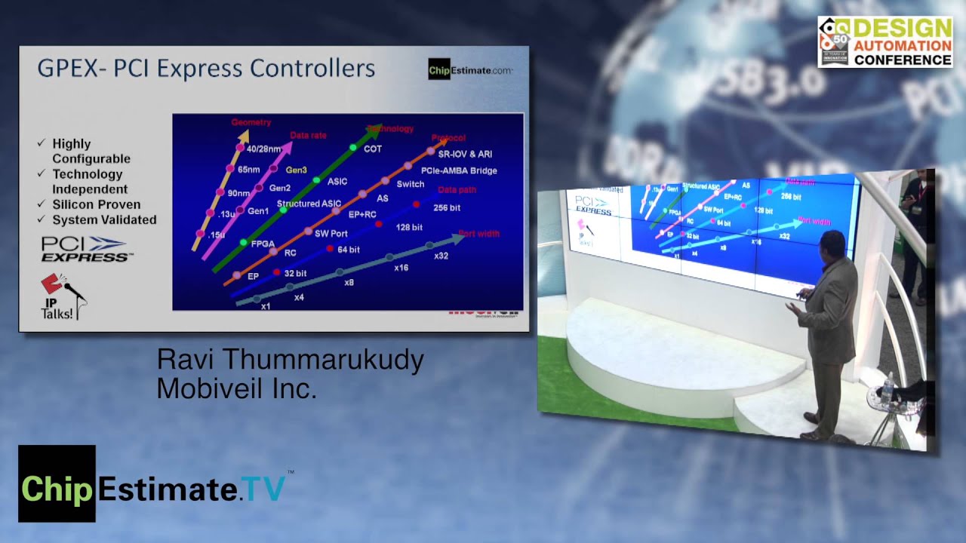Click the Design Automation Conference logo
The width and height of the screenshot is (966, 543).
[x=884, y=41]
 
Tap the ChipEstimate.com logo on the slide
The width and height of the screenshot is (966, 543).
[x=470, y=70]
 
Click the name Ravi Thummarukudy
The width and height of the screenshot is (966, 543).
[x=290, y=360]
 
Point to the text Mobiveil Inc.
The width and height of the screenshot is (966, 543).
[x=235, y=388]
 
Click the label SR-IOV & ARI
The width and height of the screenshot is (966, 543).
[x=465, y=155]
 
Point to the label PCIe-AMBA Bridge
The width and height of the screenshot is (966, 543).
[x=459, y=170]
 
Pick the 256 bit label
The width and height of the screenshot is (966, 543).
[x=448, y=207]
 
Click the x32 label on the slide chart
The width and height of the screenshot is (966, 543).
[x=441, y=255]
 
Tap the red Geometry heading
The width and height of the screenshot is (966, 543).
[x=251, y=122]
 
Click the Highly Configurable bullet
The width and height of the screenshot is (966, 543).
[x=91, y=151]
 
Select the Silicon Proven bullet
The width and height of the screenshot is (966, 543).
[x=96, y=204]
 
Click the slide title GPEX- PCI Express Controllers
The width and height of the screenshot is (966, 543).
[x=206, y=69]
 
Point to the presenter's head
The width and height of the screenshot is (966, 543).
[x=832, y=246]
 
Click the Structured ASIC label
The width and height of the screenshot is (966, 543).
[x=309, y=204]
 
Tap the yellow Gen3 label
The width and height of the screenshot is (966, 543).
[x=296, y=170]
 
